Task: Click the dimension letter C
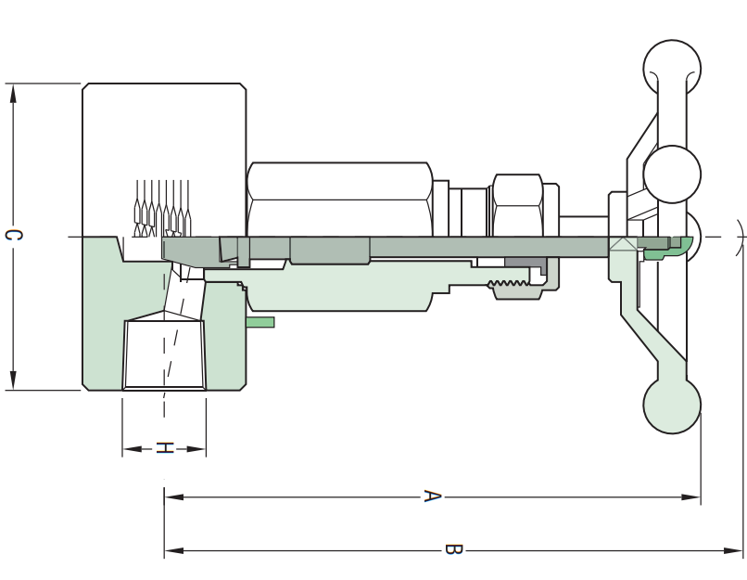13,235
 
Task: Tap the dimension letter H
164,448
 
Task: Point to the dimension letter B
453,549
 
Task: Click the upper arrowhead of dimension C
13,94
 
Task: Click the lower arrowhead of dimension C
13,380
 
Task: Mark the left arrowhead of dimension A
174,497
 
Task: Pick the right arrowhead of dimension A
690,497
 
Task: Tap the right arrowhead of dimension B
733,550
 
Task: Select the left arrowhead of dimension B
174,550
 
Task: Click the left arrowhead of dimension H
133,449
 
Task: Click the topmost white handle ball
672,68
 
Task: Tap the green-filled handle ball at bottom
672,405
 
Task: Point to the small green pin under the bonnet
260,322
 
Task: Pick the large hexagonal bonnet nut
340,200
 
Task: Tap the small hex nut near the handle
518,206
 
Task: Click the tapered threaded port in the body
164,354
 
